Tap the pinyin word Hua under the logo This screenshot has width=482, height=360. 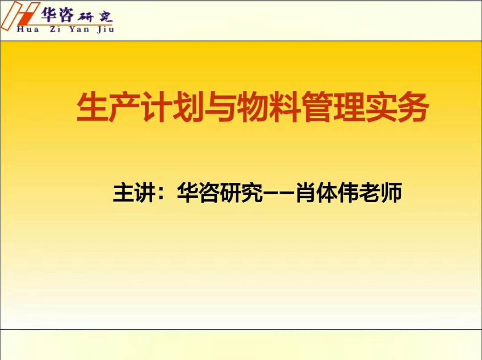pyautogui.click(x=28, y=29)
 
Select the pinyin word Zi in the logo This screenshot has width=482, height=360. pyautogui.click(x=55, y=29)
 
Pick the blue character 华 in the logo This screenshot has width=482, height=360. pyautogui.click(x=49, y=14)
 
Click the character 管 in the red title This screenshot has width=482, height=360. pyautogui.click(x=316, y=107)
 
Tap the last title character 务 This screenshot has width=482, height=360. pyautogui.click(x=413, y=107)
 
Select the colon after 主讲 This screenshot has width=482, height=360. pyautogui.click(x=162, y=193)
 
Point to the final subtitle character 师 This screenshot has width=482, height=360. pyautogui.click(x=392, y=192)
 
